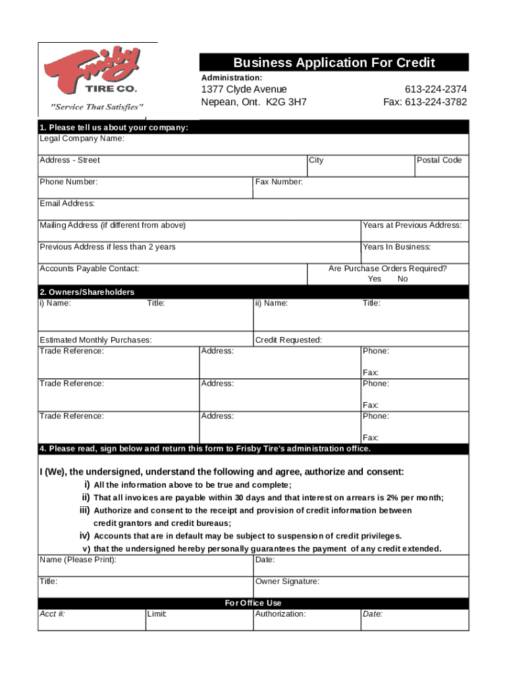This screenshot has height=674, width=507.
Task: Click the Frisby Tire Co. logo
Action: pos(92,72)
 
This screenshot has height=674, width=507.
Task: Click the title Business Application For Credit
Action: pos(334,63)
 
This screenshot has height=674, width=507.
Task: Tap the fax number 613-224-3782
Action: pos(425,102)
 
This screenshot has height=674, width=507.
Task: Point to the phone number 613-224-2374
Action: pos(436,89)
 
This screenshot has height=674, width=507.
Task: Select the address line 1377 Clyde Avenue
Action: pos(244,89)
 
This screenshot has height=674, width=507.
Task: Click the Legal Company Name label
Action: pos(82,138)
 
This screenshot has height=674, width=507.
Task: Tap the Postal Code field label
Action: pos(440,160)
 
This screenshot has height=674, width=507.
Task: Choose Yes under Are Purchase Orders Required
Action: pos(375,279)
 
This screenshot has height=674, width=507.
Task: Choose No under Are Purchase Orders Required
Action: pos(403,279)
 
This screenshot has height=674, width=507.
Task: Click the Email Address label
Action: pos(67,203)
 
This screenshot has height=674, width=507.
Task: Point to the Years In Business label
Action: pos(397,247)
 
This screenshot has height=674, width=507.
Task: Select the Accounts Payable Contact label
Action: pos(90,269)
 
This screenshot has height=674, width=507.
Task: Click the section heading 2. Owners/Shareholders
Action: pos(87,292)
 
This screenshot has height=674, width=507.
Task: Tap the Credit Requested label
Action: pos(288,340)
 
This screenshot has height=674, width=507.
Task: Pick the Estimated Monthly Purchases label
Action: pos(95,340)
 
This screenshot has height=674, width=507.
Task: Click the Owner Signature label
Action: pos(287,581)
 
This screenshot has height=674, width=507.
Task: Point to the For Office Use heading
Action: pos(254,603)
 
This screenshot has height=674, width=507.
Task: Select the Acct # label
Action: pos(53,614)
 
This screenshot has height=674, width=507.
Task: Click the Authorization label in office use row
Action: pos(280,614)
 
